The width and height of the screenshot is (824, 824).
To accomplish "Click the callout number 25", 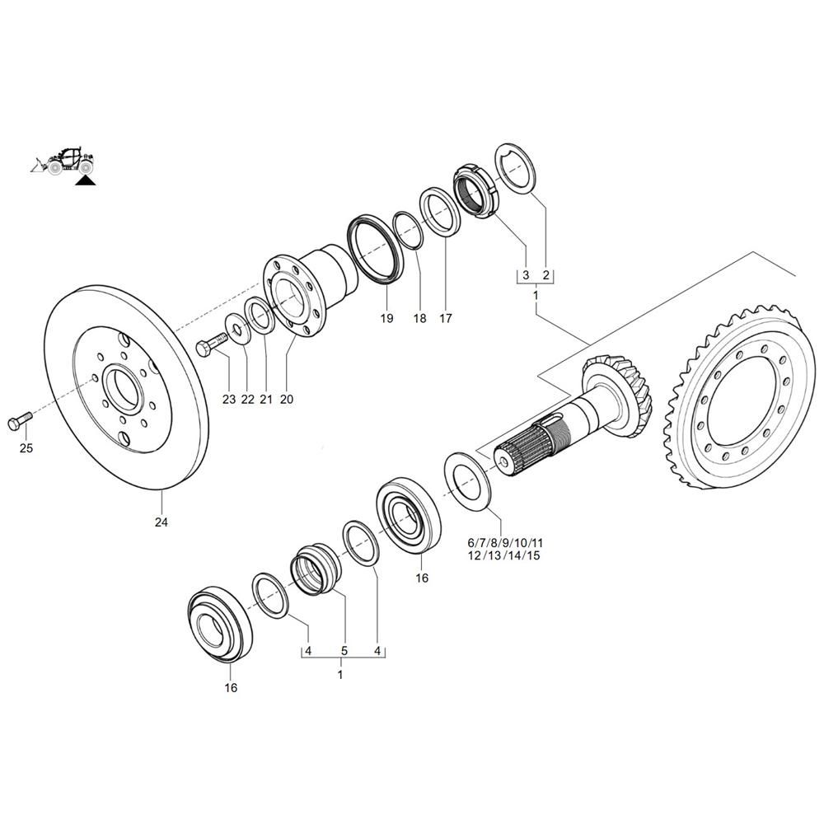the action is click(x=26, y=448).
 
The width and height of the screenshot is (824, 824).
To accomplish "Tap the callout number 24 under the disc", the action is click(x=162, y=522).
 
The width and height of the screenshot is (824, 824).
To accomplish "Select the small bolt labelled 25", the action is click(x=20, y=421).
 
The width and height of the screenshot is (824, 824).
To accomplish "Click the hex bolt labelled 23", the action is click(x=212, y=344).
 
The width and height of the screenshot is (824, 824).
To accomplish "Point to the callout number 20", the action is click(x=287, y=400).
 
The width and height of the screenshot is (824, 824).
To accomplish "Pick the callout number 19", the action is click(x=386, y=318).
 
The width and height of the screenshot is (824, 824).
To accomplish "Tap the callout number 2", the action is click(x=546, y=275).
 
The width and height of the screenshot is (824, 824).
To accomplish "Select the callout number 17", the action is click(x=446, y=318).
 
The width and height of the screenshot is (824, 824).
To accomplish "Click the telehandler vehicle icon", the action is click(x=63, y=161).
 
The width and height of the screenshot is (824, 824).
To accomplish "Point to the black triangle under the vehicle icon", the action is click(x=85, y=181).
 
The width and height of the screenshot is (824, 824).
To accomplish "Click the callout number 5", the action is click(x=344, y=651).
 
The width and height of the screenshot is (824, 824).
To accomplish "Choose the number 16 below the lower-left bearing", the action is click(x=231, y=688).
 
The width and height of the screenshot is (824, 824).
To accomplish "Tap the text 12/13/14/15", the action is click(x=504, y=555).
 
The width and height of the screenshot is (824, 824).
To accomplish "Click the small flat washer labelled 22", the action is click(x=236, y=330).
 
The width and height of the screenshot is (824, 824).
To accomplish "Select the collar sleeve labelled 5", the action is click(x=316, y=569).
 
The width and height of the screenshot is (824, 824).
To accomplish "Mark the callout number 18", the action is click(x=420, y=318).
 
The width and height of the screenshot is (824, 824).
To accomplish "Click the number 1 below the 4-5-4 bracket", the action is click(x=340, y=674).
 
